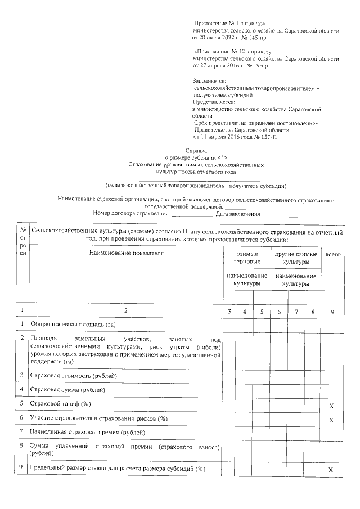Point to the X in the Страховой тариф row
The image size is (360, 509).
pyautogui.click(x=331, y=406)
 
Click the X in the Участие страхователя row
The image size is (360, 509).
pyautogui.click(x=331, y=420)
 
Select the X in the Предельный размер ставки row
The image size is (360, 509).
pyautogui.click(x=331, y=470)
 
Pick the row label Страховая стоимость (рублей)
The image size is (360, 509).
pyautogui.click(x=74, y=375)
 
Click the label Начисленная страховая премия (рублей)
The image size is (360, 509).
pyautogui.click(x=87, y=432)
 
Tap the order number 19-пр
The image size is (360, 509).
pyautogui.click(x=258, y=65)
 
